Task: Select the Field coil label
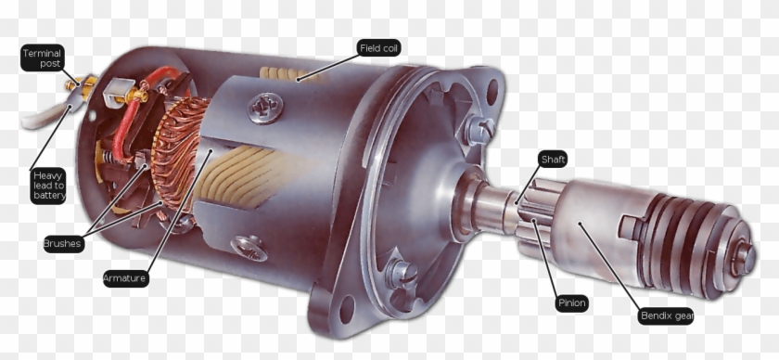(x=378, y=47)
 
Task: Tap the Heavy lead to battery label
(x=49, y=185)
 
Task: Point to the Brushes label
(x=63, y=244)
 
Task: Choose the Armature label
(x=125, y=277)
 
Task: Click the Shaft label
(x=553, y=160)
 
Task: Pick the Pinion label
(x=571, y=302)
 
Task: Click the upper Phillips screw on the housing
(x=265, y=107)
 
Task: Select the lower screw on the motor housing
(x=250, y=246)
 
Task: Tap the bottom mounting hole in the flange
(x=348, y=308)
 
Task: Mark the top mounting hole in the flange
(x=492, y=90)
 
